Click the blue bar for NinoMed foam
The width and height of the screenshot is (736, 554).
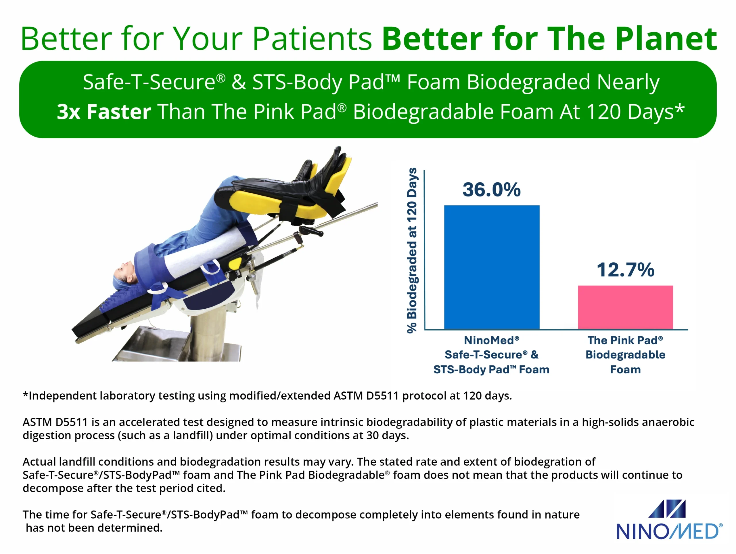point(492,267)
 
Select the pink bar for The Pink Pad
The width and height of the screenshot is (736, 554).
point(625,307)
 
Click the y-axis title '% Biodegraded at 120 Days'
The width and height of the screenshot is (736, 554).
point(412,250)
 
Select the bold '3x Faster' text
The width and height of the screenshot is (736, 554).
point(104,112)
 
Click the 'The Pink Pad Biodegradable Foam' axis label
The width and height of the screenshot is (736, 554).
point(625,355)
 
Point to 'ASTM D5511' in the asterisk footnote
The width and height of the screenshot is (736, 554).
point(366,396)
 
